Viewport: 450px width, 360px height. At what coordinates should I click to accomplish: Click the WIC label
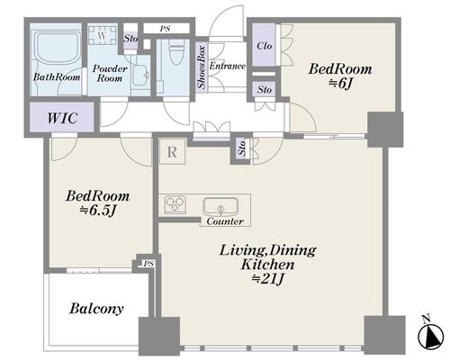pyautogui.click(x=62, y=118)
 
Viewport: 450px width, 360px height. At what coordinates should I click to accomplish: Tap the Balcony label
pyautogui.click(x=96, y=309)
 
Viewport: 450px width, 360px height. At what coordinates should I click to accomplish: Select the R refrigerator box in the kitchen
pyautogui.click(x=172, y=152)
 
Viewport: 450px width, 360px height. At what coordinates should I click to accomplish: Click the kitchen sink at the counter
pyautogui.click(x=220, y=206)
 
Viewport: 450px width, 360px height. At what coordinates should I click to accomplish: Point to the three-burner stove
pyautogui.click(x=175, y=204)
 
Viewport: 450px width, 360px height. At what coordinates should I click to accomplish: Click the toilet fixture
pyautogui.click(x=175, y=51)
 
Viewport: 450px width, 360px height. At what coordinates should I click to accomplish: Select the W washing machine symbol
pyautogui.click(x=102, y=35)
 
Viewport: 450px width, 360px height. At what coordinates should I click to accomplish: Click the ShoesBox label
pyautogui.click(x=202, y=67)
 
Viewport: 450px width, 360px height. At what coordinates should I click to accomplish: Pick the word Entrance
pyautogui.click(x=228, y=66)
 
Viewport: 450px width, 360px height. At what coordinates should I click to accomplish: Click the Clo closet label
pyautogui.click(x=265, y=46)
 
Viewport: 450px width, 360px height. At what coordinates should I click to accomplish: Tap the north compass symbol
pyautogui.click(x=431, y=333)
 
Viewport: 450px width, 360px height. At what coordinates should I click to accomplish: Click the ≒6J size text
pyautogui.click(x=340, y=84)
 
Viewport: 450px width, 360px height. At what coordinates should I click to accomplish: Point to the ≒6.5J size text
pyautogui.click(x=97, y=211)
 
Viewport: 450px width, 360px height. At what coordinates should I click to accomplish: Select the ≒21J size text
pyautogui.click(x=267, y=279)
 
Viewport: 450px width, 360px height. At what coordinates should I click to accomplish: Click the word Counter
pyautogui.click(x=225, y=221)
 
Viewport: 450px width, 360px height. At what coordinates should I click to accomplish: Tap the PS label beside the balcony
pyautogui.click(x=148, y=264)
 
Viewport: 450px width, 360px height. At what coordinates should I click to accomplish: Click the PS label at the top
pyautogui.click(x=165, y=29)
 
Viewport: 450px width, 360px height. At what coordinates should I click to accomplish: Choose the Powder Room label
pyautogui.click(x=110, y=74)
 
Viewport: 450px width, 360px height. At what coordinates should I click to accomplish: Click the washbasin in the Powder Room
pyautogui.click(x=141, y=75)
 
